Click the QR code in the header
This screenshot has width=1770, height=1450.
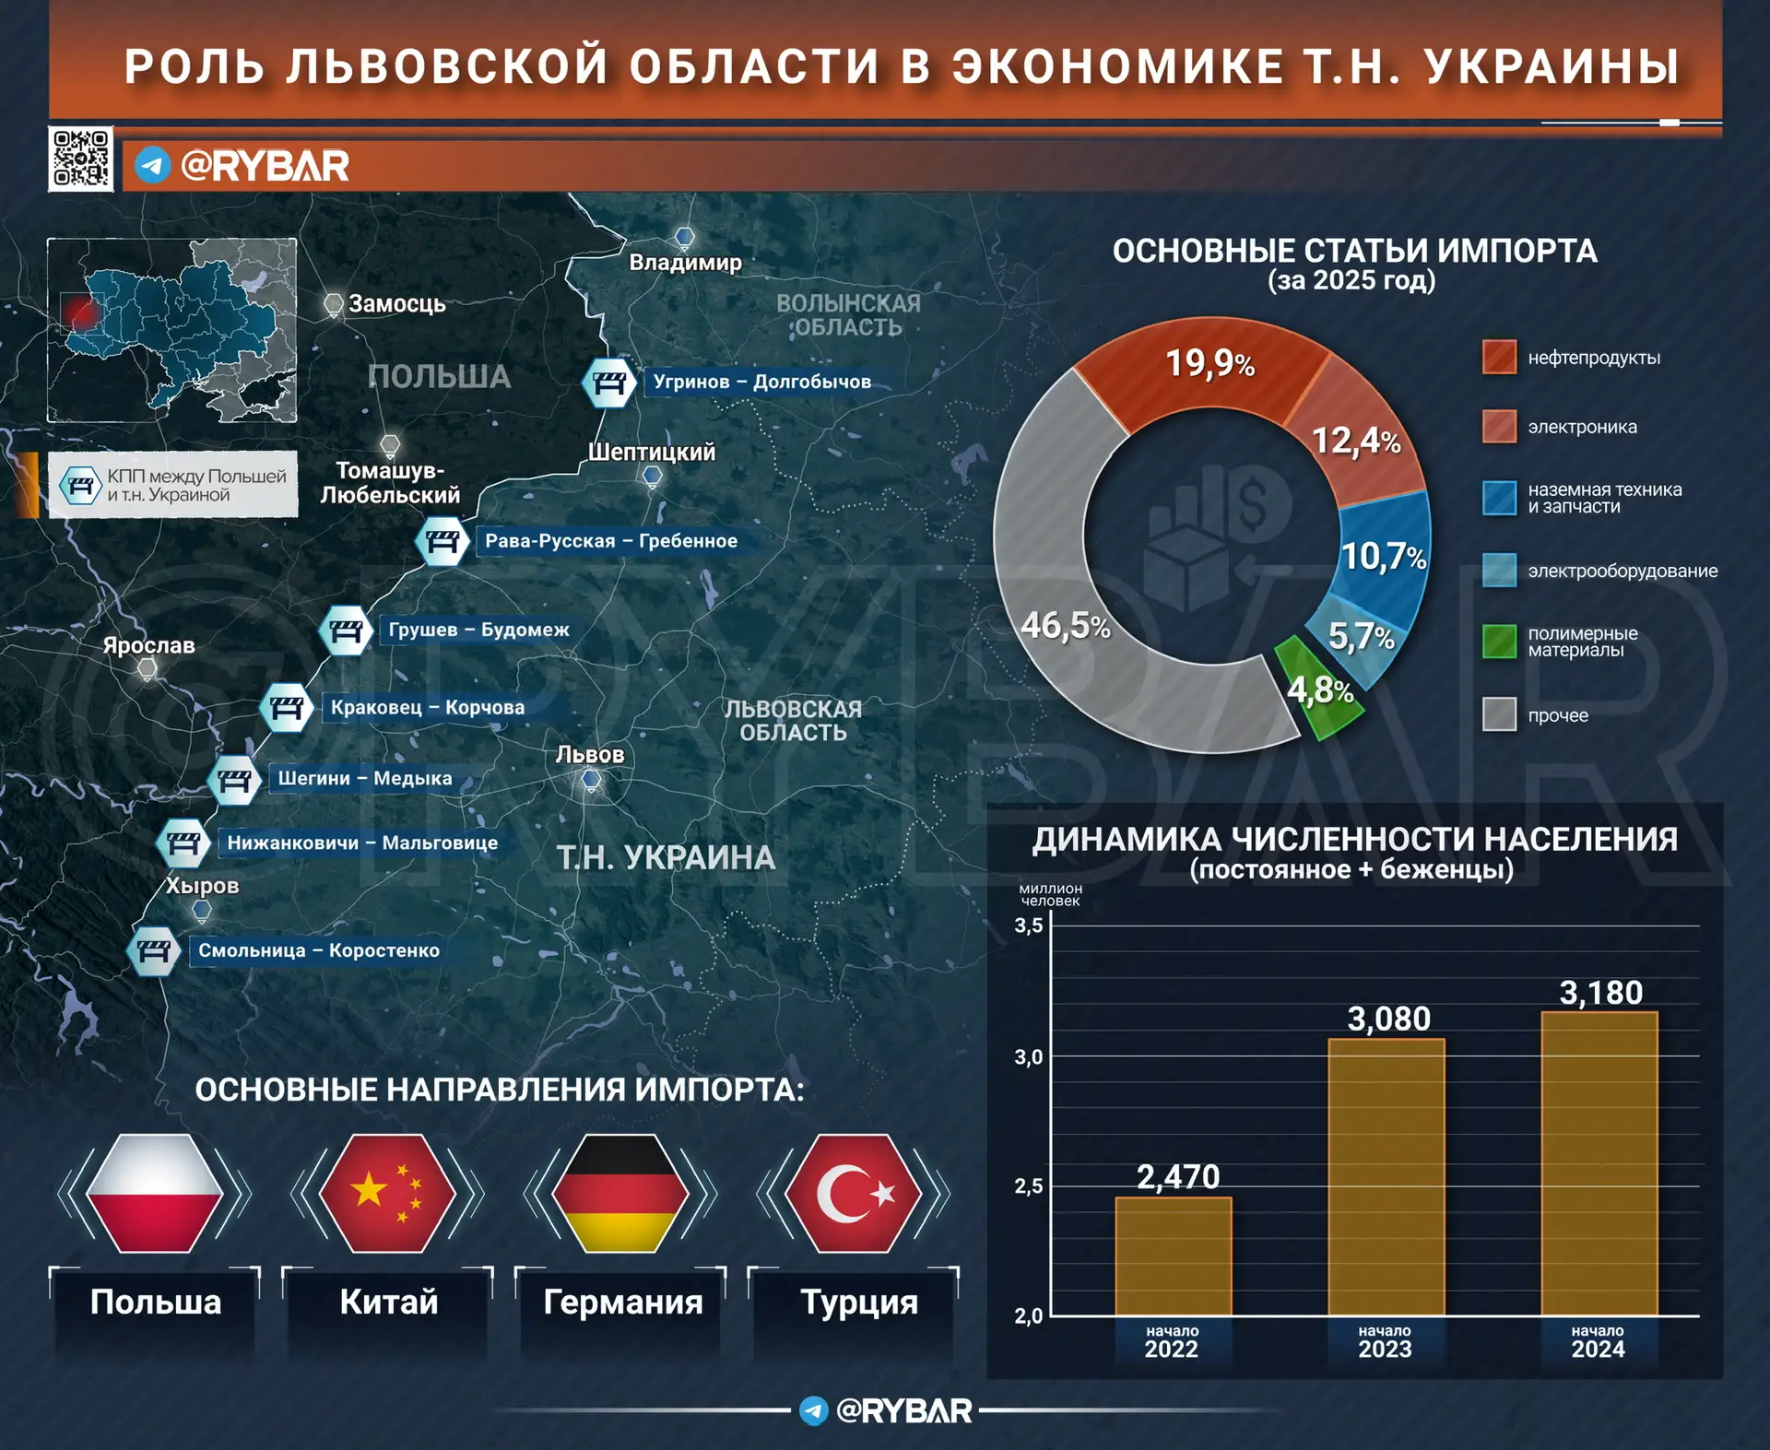coord(81,159)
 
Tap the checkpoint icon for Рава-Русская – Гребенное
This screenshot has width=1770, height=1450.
coord(442,541)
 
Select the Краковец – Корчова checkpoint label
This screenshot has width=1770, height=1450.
coord(428,708)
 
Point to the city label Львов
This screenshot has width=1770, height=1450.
coord(590,755)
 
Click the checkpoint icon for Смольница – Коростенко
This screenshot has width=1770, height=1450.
coord(154,951)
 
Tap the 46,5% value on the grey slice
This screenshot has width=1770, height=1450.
coord(1066,627)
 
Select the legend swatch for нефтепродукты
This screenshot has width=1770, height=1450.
coord(1499,358)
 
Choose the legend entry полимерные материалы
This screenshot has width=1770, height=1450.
coord(1582,642)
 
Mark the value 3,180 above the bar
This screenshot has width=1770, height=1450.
coord(1600,993)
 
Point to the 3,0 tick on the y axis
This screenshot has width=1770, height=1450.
coord(1029,1057)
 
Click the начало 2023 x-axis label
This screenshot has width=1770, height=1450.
coord(1385,1342)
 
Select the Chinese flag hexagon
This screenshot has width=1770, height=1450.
coord(387,1193)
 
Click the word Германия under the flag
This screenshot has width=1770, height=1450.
coord(623,1303)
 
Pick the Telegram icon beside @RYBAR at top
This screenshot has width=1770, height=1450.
coord(153,166)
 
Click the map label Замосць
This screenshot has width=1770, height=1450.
coord(396,304)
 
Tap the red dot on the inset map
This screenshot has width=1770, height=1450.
coord(83,313)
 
